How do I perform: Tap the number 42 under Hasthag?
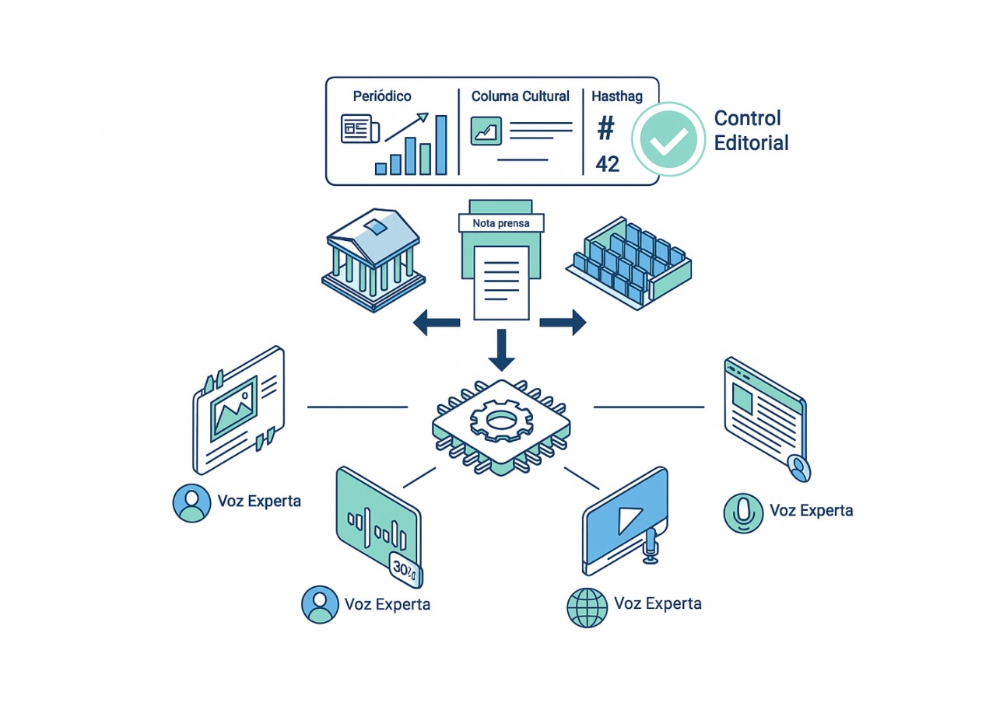pos(607,163)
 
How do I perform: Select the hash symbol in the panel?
pos(605,129)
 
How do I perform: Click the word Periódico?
pos(382,96)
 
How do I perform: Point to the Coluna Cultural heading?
pos(521,96)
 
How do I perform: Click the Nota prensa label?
pos(500,223)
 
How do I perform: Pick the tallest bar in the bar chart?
pos(441,145)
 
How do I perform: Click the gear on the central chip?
pos(498,421)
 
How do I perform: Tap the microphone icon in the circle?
pos(743,512)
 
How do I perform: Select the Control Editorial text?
pos(751,130)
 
